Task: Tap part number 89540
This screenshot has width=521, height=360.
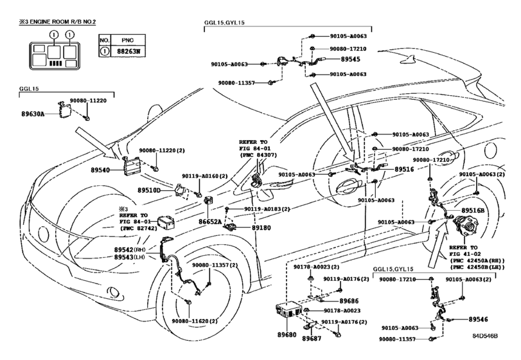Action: click(101, 171)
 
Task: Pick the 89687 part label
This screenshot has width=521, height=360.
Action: click(312, 338)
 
